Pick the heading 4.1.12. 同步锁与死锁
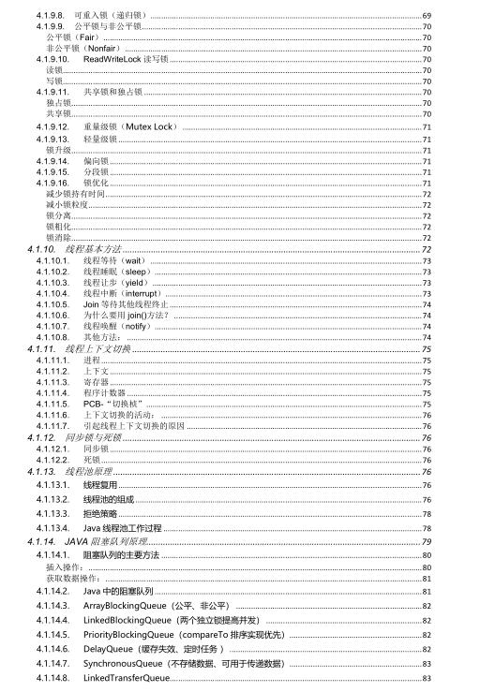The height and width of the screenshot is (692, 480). [x=88, y=437]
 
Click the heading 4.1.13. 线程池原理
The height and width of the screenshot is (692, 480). [x=84, y=471]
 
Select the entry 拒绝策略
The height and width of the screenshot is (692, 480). [x=100, y=513]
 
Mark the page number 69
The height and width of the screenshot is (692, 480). [x=427, y=17]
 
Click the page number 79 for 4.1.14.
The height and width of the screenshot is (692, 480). [x=427, y=541]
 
